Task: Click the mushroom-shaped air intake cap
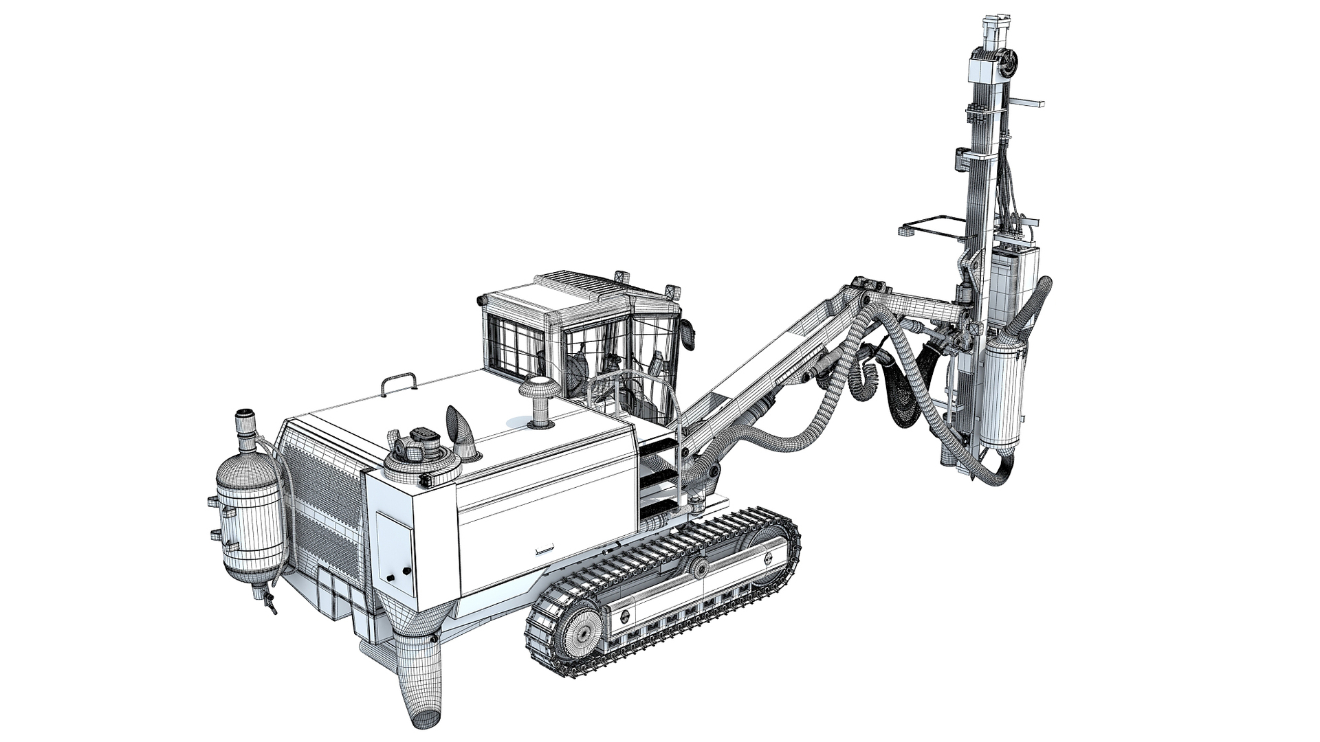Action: click(x=540, y=388)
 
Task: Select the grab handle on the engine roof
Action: click(x=399, y=382)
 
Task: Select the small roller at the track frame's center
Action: click(x=699, y=568)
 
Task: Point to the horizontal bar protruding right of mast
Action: click(x=1028, y=104)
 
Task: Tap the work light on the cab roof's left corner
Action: click(x=481, y=300)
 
